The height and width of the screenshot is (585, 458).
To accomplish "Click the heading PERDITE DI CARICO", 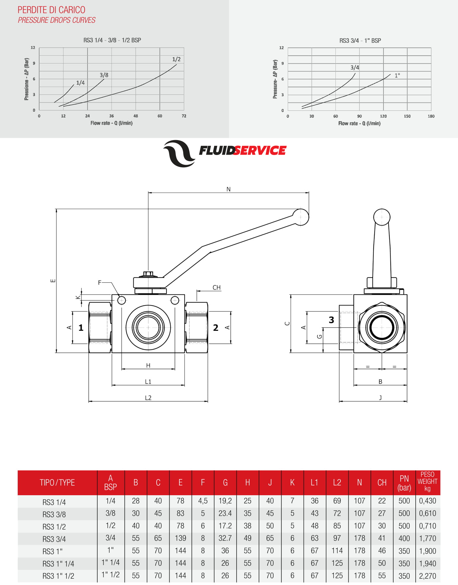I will click(x=51, y=10).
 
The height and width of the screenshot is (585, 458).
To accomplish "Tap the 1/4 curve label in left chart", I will click(x=81, y=83).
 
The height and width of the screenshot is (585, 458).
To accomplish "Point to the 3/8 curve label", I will click(x=104, y=75).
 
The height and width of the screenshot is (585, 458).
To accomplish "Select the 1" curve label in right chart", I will click(x=397, y=76).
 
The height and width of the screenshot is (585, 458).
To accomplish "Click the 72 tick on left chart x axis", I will click(x=184, y=116).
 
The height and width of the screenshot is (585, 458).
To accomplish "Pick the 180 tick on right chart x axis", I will click(x=431, y=116).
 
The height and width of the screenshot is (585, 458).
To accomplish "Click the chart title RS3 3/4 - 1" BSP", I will click(x=360, y=41).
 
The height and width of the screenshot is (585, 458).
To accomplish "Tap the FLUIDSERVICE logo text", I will click(x=242, y=151).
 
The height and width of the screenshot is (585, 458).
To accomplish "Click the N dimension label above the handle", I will click(x=228, y=189).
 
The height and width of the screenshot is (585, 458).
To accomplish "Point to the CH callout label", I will click(x=216, y=287).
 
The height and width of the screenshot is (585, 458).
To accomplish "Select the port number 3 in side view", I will click(x=331, y=320).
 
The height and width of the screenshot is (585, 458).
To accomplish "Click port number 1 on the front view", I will click(x=81, y=328).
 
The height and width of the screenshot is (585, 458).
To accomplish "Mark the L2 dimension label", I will click(x=148, y=398).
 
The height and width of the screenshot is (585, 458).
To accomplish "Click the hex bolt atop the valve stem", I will click(x=148, y=274).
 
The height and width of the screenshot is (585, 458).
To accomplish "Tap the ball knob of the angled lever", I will click(x=301, y=217).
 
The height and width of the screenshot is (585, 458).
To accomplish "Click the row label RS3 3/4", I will click(x=54, y=539).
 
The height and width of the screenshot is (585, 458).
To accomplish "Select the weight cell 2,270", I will click(x=427, y=576).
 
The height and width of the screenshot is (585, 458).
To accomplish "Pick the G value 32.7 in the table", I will click(x=225, y=538).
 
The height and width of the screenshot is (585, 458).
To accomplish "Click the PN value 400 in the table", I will click(x=404, y=538).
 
